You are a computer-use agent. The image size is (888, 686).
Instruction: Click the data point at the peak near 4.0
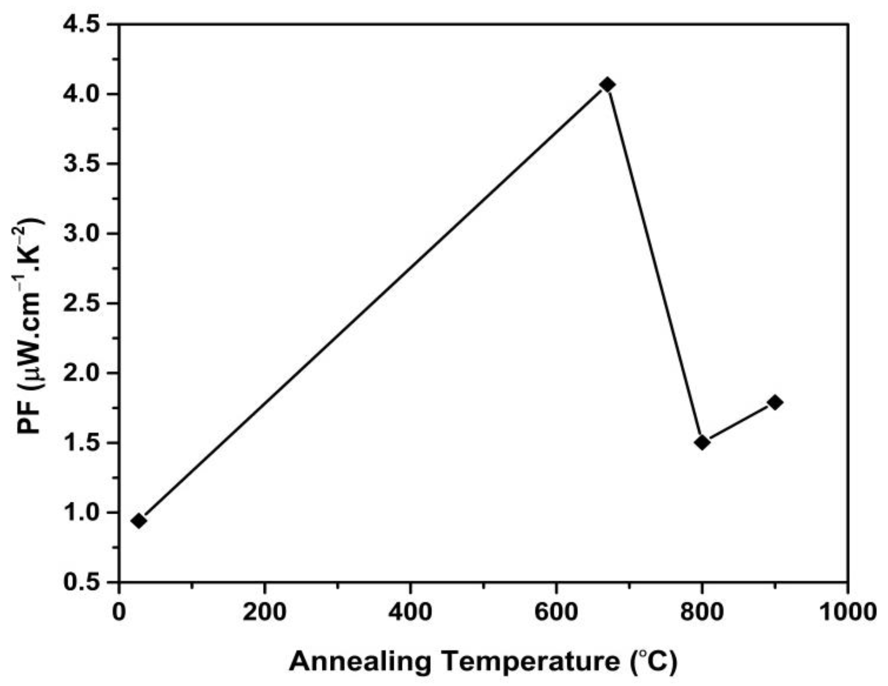[x=608, y=84]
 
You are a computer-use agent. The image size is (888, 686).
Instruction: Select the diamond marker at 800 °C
[x=702, y=442]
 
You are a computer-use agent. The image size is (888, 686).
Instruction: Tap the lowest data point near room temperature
[x=138, y=521]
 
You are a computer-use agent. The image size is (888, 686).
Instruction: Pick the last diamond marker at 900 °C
[x=775, y=402]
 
